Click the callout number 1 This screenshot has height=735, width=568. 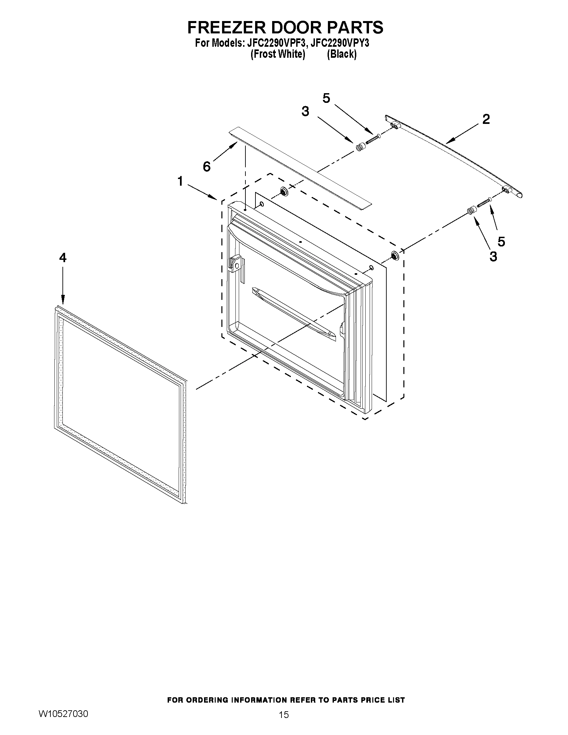[x=180, y=181]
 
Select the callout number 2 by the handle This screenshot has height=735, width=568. [x=486, y=119]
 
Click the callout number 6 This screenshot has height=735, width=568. [x=206, y=166]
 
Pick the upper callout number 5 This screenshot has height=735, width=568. [x=326, y=98]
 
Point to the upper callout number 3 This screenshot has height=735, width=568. [x=305, y=112]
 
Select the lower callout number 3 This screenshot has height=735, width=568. [x=493, y=256]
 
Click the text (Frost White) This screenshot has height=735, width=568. [x=277, y=54]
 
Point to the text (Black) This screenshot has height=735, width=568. [x=342, y=54]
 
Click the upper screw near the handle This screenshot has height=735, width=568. [x=373, y=139]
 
